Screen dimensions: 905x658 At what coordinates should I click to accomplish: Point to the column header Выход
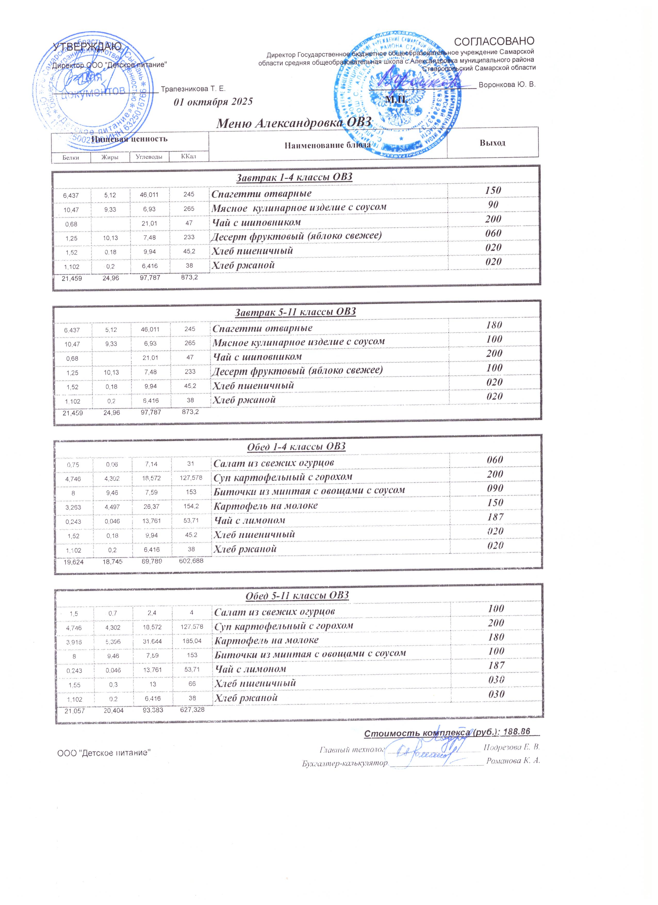[492, 143]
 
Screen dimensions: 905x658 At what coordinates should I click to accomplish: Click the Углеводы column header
[149, 157]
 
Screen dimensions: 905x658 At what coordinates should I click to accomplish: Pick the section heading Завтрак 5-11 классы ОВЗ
[295, 312]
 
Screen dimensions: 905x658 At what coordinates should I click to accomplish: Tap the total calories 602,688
[191, 561]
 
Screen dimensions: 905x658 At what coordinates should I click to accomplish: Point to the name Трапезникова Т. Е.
[193, 89]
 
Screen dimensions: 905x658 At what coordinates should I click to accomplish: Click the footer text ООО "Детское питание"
[104, 753]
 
